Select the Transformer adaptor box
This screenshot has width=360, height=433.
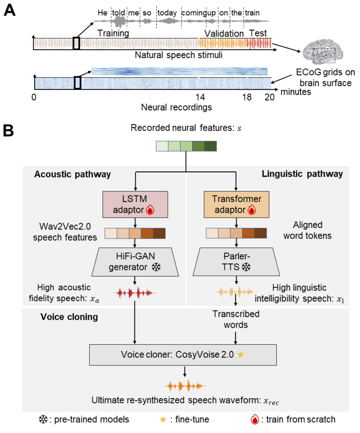point(236,204)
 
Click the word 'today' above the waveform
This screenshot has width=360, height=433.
point(167,13)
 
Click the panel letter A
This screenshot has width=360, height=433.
point(9,11)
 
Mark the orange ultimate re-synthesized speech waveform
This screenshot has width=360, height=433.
point(185,386)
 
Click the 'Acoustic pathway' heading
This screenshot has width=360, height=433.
point(73,174)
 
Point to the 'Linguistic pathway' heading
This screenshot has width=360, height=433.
point(302,174)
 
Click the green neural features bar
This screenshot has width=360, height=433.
point(186,146)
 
